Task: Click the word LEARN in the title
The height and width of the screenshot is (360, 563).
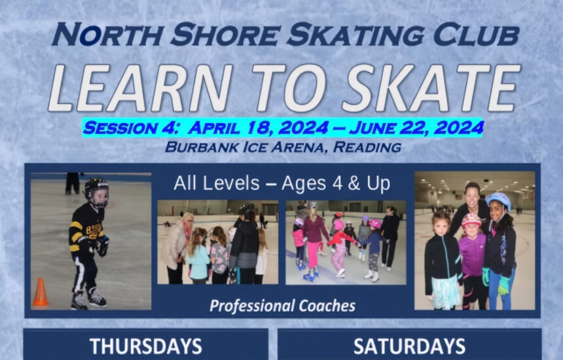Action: pos(141,88)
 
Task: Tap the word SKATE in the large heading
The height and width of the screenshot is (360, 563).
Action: pos(431,88)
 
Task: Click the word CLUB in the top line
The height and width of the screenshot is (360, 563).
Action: pos(476,35)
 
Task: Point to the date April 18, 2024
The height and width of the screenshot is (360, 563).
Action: pos(258,128)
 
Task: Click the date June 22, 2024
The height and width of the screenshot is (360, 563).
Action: pos(416,128)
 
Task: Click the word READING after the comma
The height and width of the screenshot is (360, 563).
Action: pos(367,147)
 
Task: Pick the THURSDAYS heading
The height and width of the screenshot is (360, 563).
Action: pos(146,346)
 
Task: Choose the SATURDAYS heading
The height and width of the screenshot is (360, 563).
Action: pos(409,346)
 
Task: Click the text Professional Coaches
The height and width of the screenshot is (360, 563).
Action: pos(283,306)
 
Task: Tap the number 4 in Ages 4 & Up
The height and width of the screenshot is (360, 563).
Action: pos(337,183)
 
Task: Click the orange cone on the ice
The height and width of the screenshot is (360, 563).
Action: pos(41,292)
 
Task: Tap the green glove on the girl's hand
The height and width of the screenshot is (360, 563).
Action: pos(504,285)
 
